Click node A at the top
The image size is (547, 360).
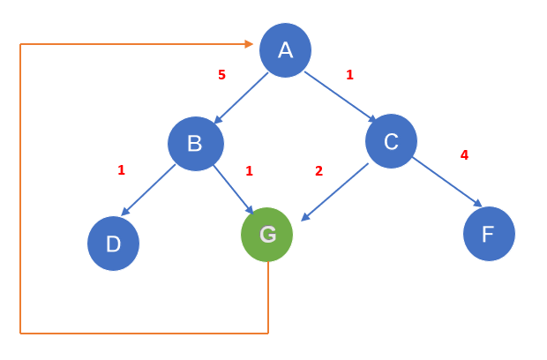(x=285, y=49)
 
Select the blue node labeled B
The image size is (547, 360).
(x=195, y=144)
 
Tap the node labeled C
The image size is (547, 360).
(x=391, y=141)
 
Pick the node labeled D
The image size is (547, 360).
(x=113, y=244)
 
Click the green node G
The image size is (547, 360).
(x=267, y=234)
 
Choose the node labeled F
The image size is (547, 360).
(x=489, y=234)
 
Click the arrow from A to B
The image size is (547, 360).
(x=241, y=97)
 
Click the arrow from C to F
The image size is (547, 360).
(x=446, y=182)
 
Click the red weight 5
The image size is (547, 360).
(x=221, y=75)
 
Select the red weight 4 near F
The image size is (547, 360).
(x=464, y=155)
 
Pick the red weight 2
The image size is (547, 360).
(x=318, y=171)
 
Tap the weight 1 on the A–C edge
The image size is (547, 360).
(x=349, y=75)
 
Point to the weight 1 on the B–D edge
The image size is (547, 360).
(x=121, y=170)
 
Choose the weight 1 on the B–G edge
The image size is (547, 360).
(x=249, y=171)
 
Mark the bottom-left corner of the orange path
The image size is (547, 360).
(x=20, y=333)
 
